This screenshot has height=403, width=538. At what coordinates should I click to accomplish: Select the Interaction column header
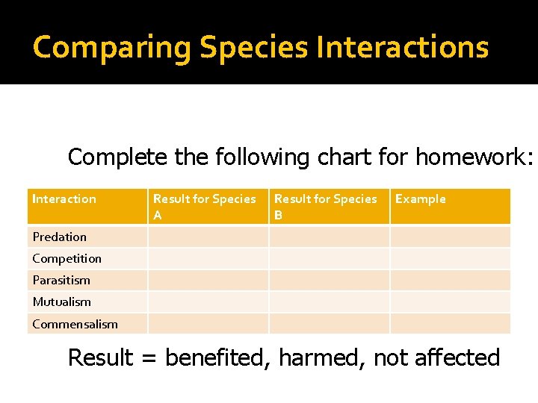click(x=64, y=199)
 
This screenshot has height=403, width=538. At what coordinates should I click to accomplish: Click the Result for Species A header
click(x=204, y=206)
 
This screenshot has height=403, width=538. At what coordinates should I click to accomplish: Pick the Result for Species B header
click(x=325, y=206)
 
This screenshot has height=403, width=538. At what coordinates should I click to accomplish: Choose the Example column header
click(x=420, y=199)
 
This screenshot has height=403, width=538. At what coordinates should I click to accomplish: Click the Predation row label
click(x=59, y=237)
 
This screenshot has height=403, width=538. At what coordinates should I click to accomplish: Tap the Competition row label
click(x=67, y=258)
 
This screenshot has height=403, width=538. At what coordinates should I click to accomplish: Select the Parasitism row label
click(x=61, y=280)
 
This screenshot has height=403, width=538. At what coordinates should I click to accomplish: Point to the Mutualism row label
click(x=61, y=302)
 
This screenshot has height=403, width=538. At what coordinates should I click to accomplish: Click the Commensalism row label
click(x=75, y=324)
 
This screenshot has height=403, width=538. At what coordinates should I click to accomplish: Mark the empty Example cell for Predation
click(x=450, y=237)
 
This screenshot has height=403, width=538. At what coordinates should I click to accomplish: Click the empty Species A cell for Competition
click(x=208, y=258)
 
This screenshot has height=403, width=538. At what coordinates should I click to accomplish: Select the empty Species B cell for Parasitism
click(x=329, y=280)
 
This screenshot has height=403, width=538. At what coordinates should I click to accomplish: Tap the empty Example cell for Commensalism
click(x=450, y=324)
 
